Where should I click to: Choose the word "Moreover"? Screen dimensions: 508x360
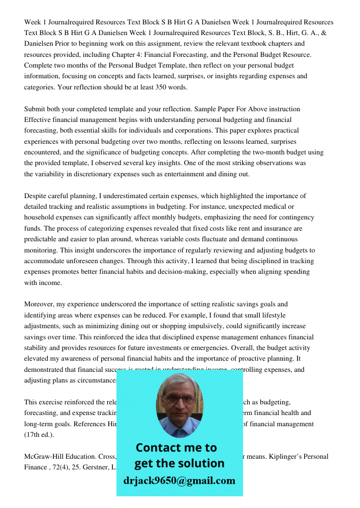coord(39,304)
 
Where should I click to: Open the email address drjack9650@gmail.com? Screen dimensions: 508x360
coord(179,480)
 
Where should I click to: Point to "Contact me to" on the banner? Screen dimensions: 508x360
coord(176,448)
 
